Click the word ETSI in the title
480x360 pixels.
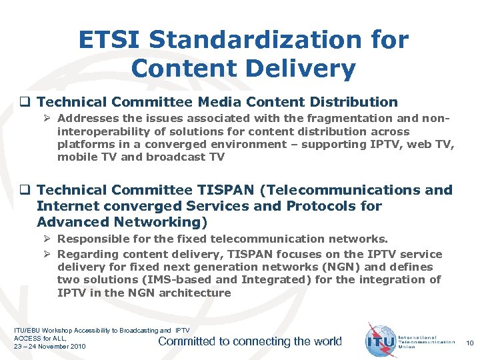(x=109, y=40)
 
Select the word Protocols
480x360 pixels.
(x=311, y=206)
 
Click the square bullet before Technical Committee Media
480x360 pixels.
(x=25, y=103)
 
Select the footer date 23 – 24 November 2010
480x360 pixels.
(x=50, y=347)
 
